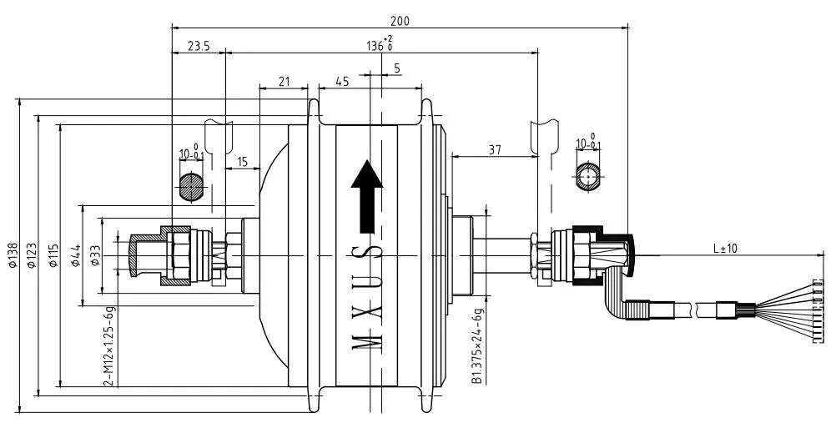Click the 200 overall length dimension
pyautogui.click(x=400, y=21)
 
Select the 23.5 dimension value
pyautogui.click(x=199, y=47)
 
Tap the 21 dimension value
pyautogui.click(x=284, y=82)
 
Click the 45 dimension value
pyautogui.click(x=342, y=82)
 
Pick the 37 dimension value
pyautogui.click(x=495, y=150)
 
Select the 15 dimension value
pyautogui.click(x=242, y=162)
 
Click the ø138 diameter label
pyautogui.click(x=13, y=255)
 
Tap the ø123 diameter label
pyautogui.click(x=32, y=255)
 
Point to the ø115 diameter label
pyautogui.click(x=53, y=255)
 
